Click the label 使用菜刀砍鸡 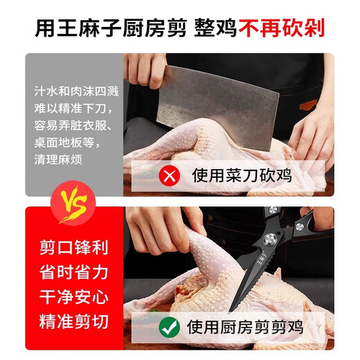point(242,175)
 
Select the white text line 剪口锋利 point(73,248)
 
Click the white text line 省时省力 point(73,273)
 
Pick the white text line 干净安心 point(73,298)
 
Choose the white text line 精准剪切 point(73,322)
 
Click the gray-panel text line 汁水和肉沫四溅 point(76,90)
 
